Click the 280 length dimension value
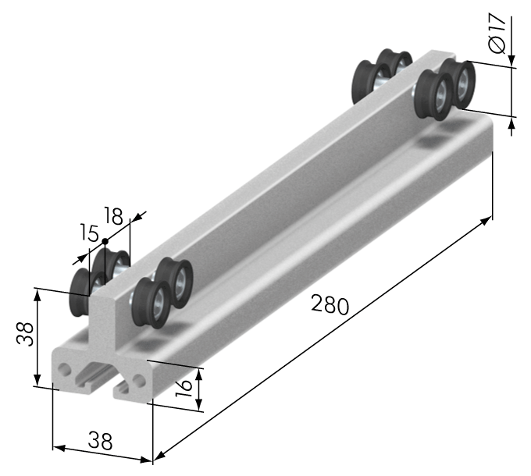[330, 304]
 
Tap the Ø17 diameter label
[497, 33]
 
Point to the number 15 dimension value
[89, 233]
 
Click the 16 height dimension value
[184, 388]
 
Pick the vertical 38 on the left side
[26, 333]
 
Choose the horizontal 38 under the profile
[100, 440]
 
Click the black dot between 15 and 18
[105, 241]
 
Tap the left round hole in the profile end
[64, 369]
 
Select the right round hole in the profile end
[139, 379]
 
